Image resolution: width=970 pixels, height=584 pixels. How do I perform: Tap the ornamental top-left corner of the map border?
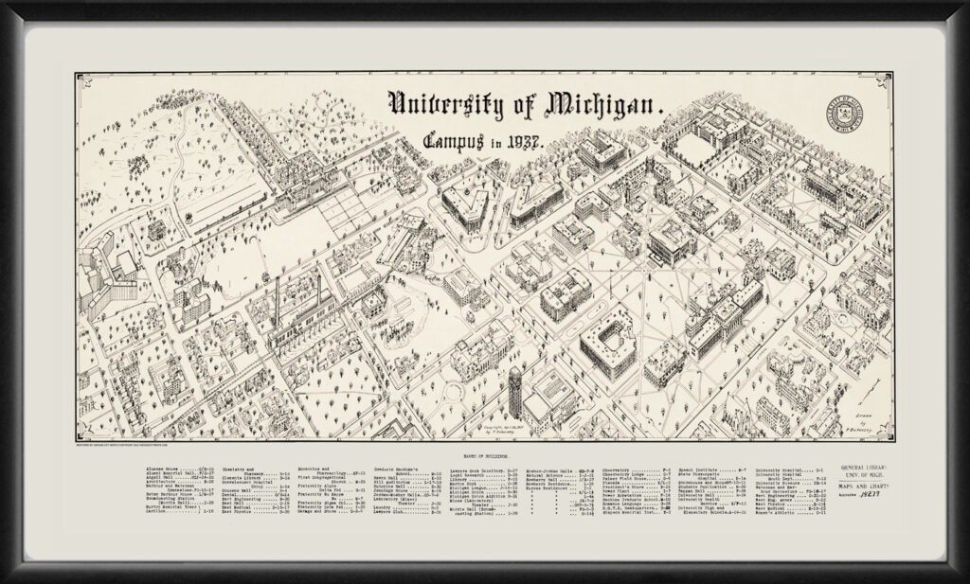79,77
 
